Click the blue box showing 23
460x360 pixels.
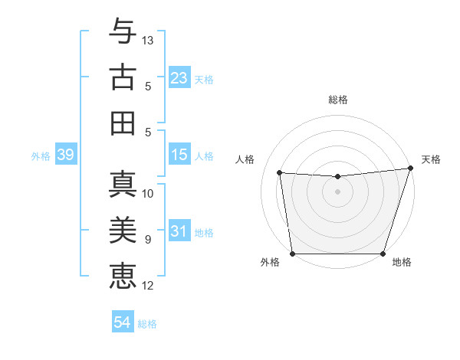coord(179,78)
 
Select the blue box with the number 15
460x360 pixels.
coord(179,155)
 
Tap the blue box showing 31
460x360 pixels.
coord(179,232)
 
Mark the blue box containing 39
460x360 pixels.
coord(65,155)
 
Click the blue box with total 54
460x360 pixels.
coord(122,322)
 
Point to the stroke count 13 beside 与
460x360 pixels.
coord(149,39)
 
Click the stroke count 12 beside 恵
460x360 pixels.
coord(149,286)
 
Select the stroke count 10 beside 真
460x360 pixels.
coord(149,193)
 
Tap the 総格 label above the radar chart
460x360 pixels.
coord(337,100)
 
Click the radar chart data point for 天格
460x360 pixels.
coord(410,169)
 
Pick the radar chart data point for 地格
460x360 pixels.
coord(383,254)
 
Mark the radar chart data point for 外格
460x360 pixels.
coord(292,254)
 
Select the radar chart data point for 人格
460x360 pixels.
coord(280,173)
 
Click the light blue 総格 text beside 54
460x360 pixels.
coord(147,323)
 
